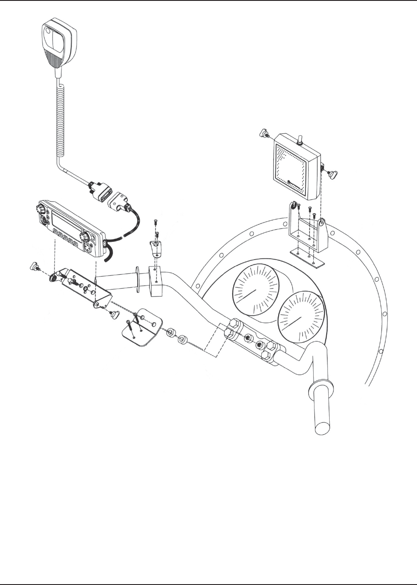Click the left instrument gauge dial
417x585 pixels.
tap(256, 288)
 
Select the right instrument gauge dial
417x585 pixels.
tap(301, 315)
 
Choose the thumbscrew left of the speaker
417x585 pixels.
tap(263, 134)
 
